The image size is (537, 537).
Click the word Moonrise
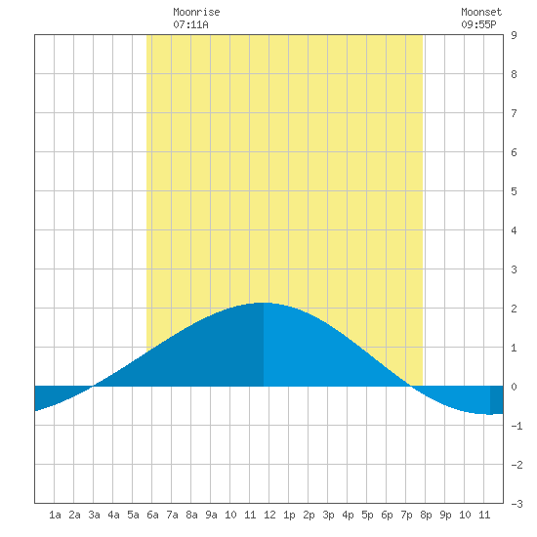coord(196,12)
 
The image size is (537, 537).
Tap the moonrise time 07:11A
coord(190,24)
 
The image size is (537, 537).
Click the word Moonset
coord(481,12)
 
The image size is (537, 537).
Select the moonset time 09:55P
coord(478,24)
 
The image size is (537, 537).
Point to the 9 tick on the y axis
coord(514,35)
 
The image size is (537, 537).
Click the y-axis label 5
coord(514,191)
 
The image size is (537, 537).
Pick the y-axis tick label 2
coord(514,309)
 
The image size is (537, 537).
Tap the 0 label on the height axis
coord(514,387)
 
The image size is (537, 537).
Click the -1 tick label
coord(516,426)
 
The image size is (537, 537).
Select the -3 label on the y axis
coord(516,504)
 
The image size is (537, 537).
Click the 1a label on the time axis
coord(55,515)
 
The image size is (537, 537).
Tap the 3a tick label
coord(94,515)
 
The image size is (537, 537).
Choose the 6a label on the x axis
coord(152,515)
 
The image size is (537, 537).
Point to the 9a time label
coord(211,515)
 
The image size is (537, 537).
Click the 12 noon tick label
coord(269,515)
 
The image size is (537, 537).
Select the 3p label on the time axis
coord(328,515)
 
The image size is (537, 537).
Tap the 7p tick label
coord(406,515)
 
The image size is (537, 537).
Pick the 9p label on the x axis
coord(445,515)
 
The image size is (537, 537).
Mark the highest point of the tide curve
coord(263,303)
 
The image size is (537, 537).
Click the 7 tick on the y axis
coord(514,113)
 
